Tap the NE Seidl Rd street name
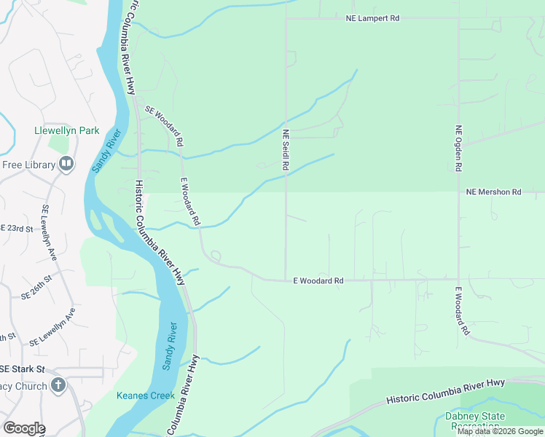[x=286, y=150]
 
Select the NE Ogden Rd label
[x=458, y=149]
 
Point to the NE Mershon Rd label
[x=493, y=192]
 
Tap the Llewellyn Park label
[x=66, y=131]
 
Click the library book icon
[x=66, y=164]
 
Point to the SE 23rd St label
[x=16, y=229]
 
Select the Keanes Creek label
[x=144, y=396]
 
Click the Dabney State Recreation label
[x=474, y=421]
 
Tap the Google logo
[x=23, y=428]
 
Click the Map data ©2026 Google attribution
[x=500, y=431]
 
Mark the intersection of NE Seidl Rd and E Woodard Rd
[x=285, y=280]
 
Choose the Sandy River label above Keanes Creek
[x=168, y=346]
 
